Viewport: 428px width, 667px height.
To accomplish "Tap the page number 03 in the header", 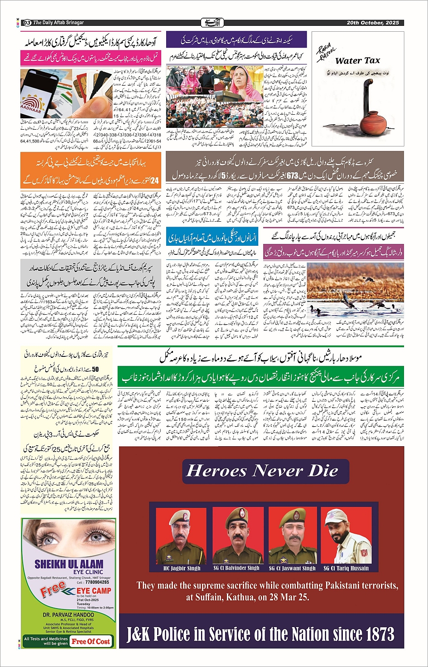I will pos(27,23).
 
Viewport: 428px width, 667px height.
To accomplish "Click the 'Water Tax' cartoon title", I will pos(357,61).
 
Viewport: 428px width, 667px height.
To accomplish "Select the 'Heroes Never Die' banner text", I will pos(262,471).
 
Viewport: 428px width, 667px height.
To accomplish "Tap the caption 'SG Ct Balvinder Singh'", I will pos(236,568).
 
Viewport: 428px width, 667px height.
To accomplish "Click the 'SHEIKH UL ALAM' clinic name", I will pos(69,565).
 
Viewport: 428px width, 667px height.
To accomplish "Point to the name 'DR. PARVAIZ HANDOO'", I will pos(68,615).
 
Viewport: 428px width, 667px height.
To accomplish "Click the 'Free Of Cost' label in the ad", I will pos(91,641).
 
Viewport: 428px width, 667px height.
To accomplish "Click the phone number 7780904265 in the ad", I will pos(96,582).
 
